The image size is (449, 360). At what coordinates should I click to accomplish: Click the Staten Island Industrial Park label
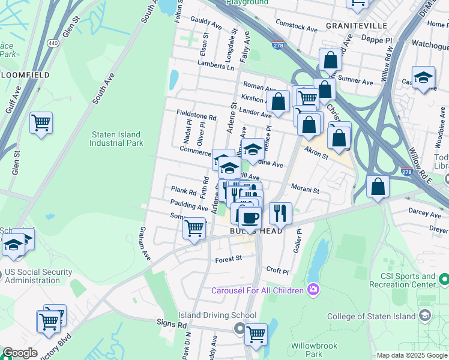(116, 139)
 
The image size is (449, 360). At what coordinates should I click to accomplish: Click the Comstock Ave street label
(296, 26)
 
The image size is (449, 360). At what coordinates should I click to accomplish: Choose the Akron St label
(316, 153)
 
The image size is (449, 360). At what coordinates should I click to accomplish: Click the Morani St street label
(305, 190)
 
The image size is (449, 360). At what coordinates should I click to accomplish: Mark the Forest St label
(228, 259)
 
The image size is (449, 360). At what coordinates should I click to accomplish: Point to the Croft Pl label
(277, 271)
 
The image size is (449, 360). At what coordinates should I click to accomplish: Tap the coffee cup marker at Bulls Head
(250, 217)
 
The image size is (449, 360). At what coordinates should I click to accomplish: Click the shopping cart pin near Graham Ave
(194, 229)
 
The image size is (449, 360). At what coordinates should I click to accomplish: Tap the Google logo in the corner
(20, 353)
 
